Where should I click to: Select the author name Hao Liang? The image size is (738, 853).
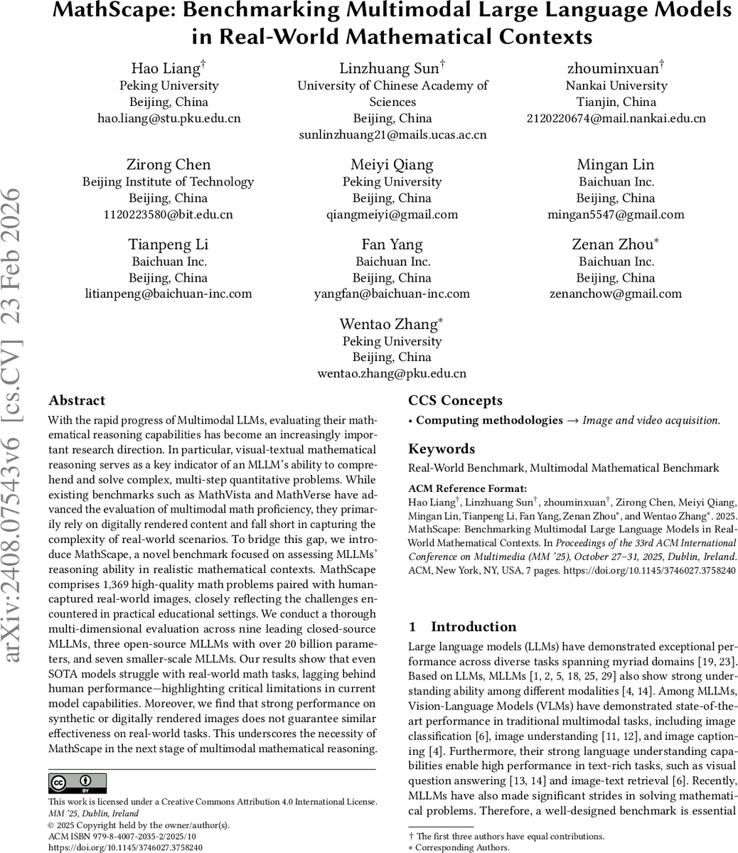[166, 68]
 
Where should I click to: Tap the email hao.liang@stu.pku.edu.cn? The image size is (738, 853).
[169, 118]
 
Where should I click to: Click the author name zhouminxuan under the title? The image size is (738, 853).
[614, 68]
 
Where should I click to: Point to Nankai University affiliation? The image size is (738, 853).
[616, 85]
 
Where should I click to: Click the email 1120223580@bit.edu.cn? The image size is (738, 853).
[169, 214]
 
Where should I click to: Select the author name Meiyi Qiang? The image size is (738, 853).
[392, 165]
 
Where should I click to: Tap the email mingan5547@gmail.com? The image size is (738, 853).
[616, 214]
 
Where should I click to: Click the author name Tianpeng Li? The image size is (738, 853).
[169, 245]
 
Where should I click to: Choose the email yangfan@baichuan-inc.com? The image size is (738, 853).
[392, 294]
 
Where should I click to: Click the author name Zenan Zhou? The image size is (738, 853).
[612, 245]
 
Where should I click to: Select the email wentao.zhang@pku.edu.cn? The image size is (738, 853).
[392, 372]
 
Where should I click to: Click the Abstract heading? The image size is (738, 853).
[77, 400]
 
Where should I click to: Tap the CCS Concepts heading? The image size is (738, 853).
[455, 400]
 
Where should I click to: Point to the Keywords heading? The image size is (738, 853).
[442, 449]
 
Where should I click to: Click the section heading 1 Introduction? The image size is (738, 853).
[462, 626]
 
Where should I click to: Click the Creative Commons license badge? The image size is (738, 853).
[77, 783]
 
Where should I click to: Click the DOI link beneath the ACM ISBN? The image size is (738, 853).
[125, 847]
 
